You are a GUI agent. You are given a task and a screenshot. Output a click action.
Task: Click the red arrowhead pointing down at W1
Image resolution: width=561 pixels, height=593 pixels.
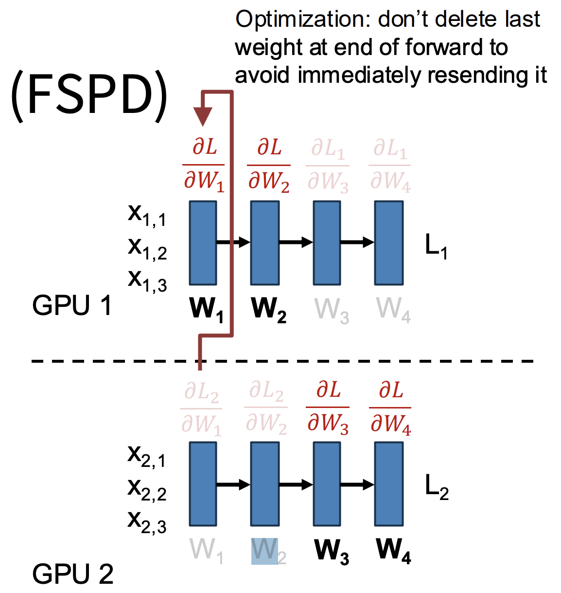click(x=203, y=116)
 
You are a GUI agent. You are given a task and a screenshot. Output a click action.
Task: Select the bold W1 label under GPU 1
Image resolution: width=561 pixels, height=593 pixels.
click(x=207, y=310)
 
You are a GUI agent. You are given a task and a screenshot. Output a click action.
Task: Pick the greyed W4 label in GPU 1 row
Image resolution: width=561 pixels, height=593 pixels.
click(x=393, y=310)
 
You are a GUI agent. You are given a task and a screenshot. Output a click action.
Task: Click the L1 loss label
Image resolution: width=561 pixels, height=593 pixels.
click(x=436, y=245)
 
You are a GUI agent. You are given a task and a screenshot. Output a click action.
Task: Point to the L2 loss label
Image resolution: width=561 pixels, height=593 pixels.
click(x=436, y=486)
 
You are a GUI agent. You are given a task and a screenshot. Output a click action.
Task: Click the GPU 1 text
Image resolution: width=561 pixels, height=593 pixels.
click(x=72, y=306)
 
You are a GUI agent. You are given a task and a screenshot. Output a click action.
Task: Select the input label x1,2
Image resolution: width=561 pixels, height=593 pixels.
click(x=147, y=247)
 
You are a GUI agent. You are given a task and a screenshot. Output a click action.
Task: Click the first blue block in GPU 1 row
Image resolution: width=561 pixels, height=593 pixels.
click(x=203, y=243)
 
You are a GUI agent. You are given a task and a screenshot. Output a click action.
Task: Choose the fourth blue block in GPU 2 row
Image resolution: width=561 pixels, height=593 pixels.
click(x=389, y=484)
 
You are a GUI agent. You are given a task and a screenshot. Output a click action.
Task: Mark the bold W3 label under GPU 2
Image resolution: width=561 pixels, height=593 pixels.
click(x=332, y=551)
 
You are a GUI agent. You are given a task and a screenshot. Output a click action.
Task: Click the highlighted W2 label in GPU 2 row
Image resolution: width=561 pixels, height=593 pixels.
click(x=266, y=551)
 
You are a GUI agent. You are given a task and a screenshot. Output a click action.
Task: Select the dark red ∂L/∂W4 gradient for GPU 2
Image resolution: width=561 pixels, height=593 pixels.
click(x=390, y=408)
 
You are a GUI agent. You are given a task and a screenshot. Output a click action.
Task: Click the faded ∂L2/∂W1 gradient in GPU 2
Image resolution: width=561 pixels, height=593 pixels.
click(x=201, y=408)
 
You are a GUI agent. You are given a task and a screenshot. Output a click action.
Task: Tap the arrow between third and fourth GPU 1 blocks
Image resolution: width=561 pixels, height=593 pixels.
click(x=357, y=242)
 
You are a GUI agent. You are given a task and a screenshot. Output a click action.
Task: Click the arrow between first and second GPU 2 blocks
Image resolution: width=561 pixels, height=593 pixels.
click(x=233, y=484)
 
